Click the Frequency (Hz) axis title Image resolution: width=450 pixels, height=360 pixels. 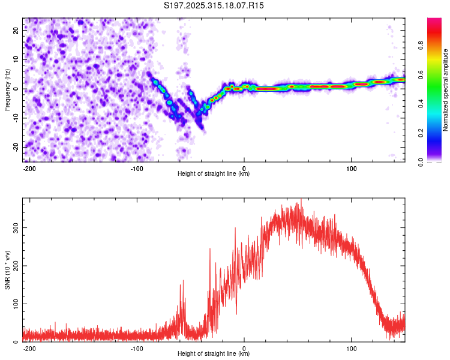pos(7,89)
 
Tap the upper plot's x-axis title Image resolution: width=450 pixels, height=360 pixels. pos(214,173)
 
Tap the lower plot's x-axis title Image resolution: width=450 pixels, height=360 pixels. pos(214,353)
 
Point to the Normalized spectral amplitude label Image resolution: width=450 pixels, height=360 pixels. pos(446,89)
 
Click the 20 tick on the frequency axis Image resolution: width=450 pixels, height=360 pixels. pos(16,31)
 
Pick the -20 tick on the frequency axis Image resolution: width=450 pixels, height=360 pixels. pos(15,146)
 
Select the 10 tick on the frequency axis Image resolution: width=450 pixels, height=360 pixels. pos(16,59)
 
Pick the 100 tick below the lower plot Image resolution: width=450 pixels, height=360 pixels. pos(351,347)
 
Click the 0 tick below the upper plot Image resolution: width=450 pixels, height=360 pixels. pos(244,167)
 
